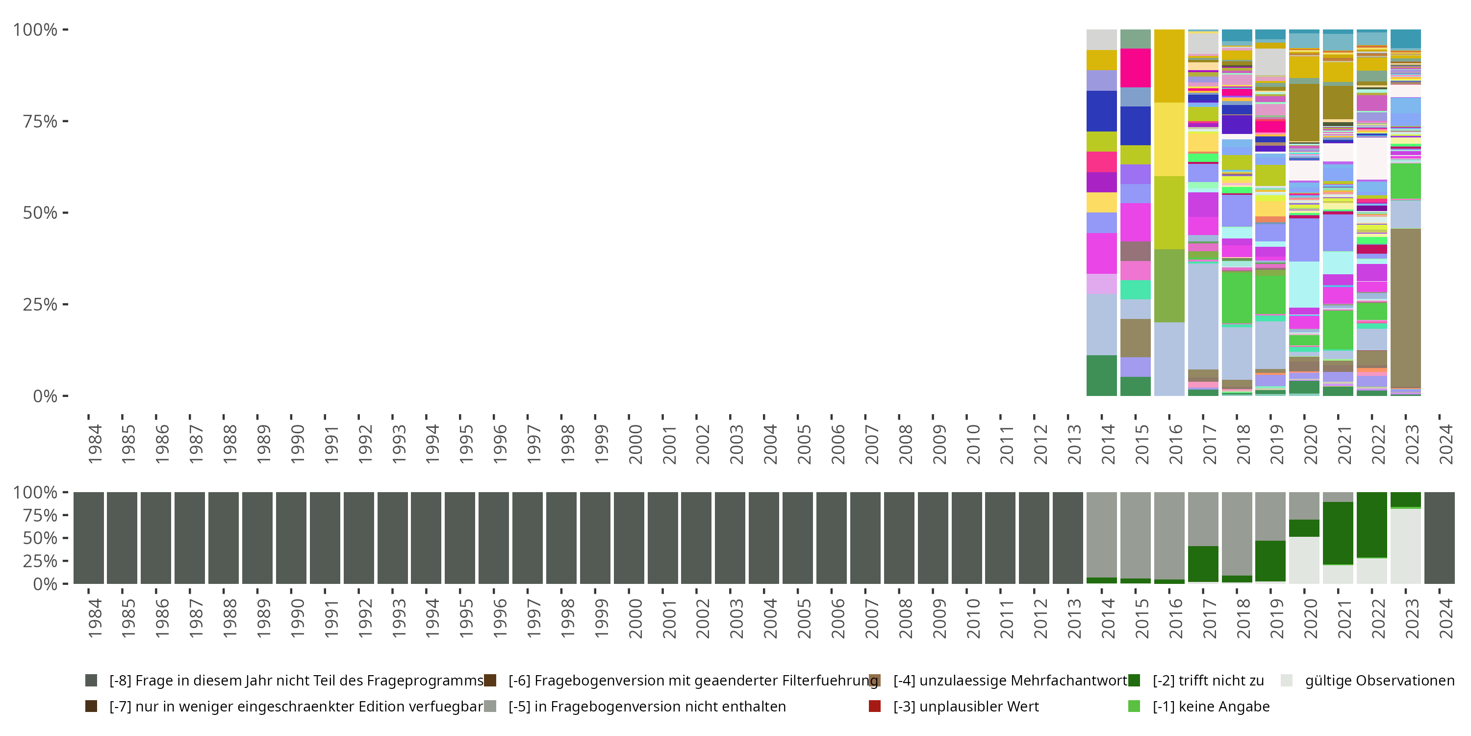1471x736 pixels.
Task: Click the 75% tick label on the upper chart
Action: click(x=39, y=121)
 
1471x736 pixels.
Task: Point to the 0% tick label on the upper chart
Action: click(x=45, y=396)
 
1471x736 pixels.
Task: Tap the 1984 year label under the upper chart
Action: click(x=95, y=444)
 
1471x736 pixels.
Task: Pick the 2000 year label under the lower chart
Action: click(x=635, y=618)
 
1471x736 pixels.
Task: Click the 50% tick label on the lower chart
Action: click(x=39, y=538)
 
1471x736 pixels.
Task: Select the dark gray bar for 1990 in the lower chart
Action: click(x=291, y=538)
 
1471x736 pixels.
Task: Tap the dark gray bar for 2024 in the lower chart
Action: click(x=1439, y=538)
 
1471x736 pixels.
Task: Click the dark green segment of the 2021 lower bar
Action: click(x=1338, y=532)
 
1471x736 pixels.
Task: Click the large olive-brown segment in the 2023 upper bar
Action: click(x=1405, y=309)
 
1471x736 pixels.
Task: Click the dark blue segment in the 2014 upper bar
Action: click(x=1102, y=111)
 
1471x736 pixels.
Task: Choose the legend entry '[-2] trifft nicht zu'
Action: click(x=1208, y=681)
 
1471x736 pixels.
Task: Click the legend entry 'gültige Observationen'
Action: click(x=1379, y=681)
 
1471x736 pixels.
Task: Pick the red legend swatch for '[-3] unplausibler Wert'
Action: click(x=874, y=706)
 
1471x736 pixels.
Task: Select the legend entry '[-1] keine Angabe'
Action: click(x=1211, y=706)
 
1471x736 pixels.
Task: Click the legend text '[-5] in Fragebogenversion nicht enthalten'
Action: click(x=647, y=706)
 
